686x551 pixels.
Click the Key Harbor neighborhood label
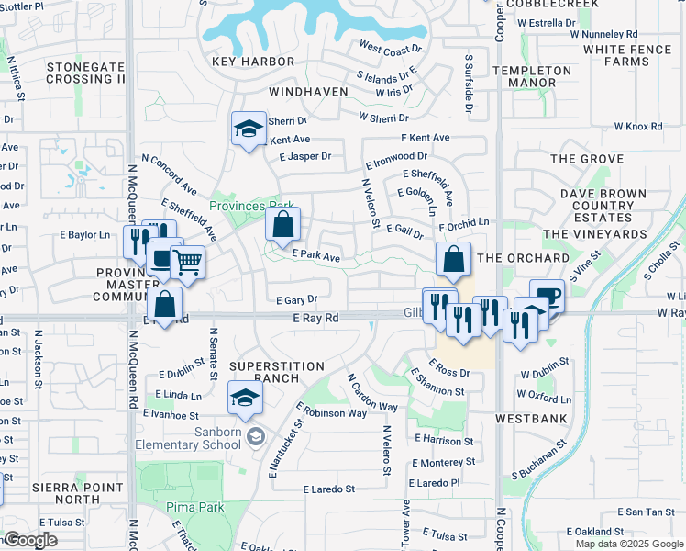pyautogui.click(x=253, y=62)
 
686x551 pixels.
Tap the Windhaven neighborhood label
pyautogui.click(x=309, y=93)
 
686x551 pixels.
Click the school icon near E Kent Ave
pyautogui.click(x=248, y=129)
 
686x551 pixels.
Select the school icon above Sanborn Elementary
pyautogui.click(x=246, y=398)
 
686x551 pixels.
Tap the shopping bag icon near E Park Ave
pyautogui.click(x=283, y=223)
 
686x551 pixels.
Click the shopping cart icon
pyautogui.click(x=187, y=262)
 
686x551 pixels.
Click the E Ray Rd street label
pyautogui.click(x=316, y=318)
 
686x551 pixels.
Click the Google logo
pyautogui.click(x=31, y=540)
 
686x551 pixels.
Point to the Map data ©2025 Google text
pyautogui.click(x=629, y=544)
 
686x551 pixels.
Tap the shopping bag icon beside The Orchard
pyautogui.click(x=453, y=260)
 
